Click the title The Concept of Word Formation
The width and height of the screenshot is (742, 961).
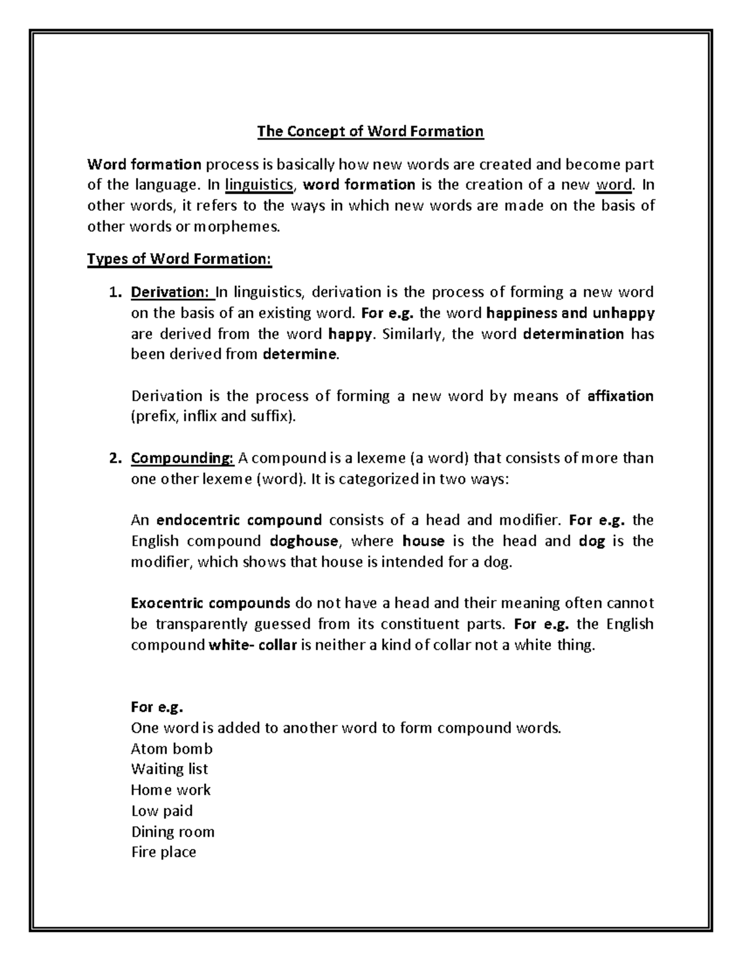pyautogui.click(x=370, y=131)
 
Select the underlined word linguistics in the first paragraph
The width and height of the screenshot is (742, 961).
pyautogui.click(x=259, y=184)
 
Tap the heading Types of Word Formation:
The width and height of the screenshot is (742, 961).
pyautogui.click(x=179, y=259)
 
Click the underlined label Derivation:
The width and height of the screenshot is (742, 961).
pyautogui.click(x=171, y=292)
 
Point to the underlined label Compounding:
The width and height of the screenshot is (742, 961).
pyautogui.click(x=182, y=458)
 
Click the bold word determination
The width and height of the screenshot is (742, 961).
pyautogui.click(x=573, y=334)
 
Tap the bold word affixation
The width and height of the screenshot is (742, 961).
pyautogui.click(x=620, y=396)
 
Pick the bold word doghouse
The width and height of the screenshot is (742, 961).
pyautogui.click(x=304, y=541)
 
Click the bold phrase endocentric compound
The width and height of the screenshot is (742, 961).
pyautogui.click(x=239, y=520)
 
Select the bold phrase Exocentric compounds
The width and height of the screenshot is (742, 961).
pyautogui.click(x=210, y=603)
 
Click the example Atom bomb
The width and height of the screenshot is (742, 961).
pyautogui.click(x=171, y=749)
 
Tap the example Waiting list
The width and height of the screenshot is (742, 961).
pyautogui.click(x=169, y=769)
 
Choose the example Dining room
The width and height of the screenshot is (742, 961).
pyautogui.click(x=173, y=831)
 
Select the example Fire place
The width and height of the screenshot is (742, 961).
pyautogui.click(x=163, y=852)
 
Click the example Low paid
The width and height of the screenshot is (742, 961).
pyautogui.click(x=161, y=811)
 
